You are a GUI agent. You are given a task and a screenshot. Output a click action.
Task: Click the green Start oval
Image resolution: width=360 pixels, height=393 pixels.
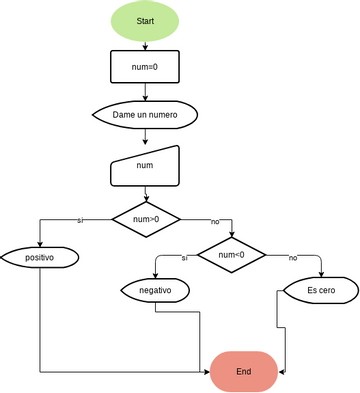[145, 21]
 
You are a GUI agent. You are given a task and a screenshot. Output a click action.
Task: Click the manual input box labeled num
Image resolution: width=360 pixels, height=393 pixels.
[145, 166]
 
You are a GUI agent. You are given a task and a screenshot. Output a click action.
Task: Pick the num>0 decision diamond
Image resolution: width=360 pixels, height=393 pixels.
[145, 217]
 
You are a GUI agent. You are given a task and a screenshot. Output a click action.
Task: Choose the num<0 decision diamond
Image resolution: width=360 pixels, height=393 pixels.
[231, 255]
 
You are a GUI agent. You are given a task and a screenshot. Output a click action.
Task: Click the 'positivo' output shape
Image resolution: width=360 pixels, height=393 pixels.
[39, 257]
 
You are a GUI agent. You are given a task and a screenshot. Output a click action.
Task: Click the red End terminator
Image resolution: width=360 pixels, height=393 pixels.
[243, 371]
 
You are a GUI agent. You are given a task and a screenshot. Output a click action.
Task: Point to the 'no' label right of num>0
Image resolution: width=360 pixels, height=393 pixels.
[214, 221]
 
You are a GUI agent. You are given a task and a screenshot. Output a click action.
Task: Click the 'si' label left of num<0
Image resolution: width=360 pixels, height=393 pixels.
[184, 258]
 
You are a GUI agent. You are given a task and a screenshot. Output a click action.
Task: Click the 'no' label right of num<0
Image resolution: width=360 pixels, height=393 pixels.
[293, 258]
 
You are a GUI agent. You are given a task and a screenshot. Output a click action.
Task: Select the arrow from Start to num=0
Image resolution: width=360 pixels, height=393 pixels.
[145, 44]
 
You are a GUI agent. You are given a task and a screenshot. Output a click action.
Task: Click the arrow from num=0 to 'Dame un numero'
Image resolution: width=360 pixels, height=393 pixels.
[145, 92]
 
